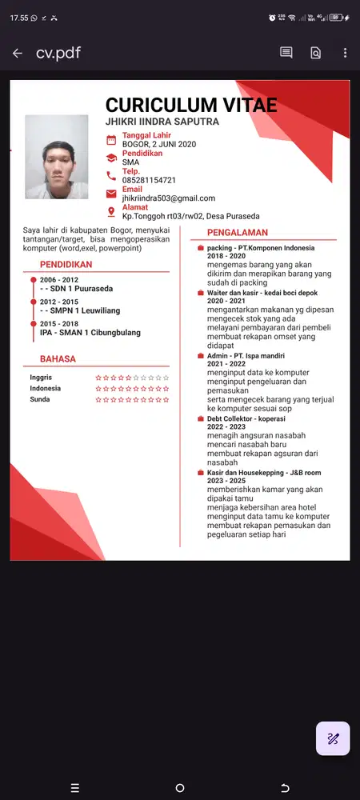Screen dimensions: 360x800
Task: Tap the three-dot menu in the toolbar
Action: [x=345, y=54]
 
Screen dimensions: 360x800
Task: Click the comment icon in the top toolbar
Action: [x=286, y=54]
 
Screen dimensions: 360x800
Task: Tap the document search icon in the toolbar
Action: [x=315, y=54]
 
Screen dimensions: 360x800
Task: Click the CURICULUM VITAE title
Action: [x=191, y=105]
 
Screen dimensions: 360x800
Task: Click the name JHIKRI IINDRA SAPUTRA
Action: [x=162, y=122]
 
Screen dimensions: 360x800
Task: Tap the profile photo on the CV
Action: [x=57, y=157]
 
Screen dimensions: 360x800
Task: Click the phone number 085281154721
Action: [x=149, y=180]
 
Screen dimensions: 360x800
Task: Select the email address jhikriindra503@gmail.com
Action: [x=168, y=198]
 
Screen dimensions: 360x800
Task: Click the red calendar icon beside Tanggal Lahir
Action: [x=111, y=140]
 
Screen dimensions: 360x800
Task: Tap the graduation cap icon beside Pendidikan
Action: [x=111, y=158]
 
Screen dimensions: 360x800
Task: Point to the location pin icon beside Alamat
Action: [x=111, y=211]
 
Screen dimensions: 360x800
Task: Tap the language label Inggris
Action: [x=41, y=377]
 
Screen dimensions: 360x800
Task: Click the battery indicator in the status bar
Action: [x=336, y=17]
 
